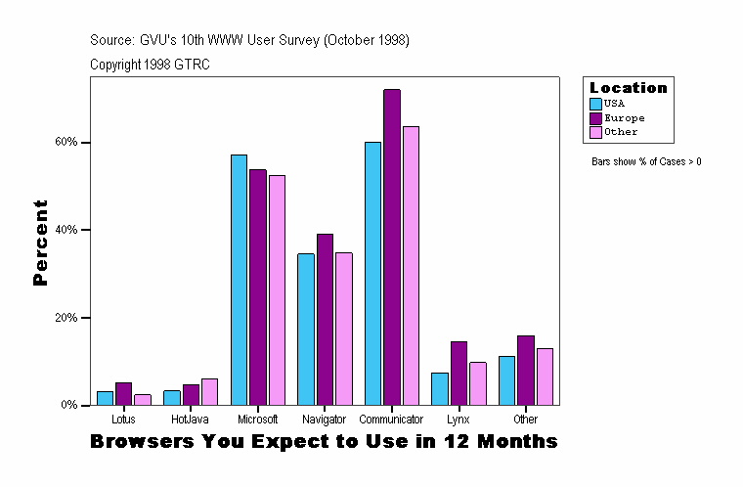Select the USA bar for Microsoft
click(239, 280)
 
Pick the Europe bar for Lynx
click(459, 373)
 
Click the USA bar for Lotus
click(105, 398)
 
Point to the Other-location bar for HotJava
click(209, 391)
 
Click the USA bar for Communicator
click(372, 273)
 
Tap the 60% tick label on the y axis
click(66, 142)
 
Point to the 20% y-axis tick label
click(66, 318)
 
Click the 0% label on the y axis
click(69, 405)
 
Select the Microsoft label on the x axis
click(257, 420)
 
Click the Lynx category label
click(459, 420)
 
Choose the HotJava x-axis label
click(190, 420)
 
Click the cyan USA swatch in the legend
click(595, 103)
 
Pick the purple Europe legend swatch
click(595, 117)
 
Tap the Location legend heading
click(628, 88)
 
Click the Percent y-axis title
click(40, 243)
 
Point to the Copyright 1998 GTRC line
click(150, 65)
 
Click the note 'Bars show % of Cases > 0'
click(646, 161)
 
